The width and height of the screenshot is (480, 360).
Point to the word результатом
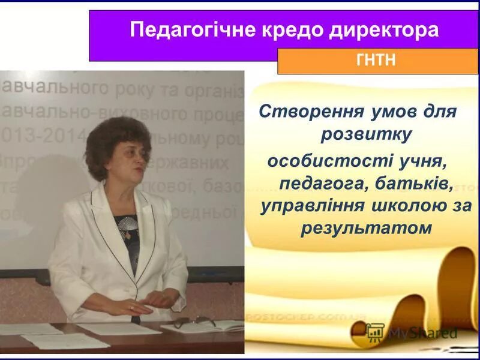click(366, 229)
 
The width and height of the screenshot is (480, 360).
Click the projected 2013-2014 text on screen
click(24, 136)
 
